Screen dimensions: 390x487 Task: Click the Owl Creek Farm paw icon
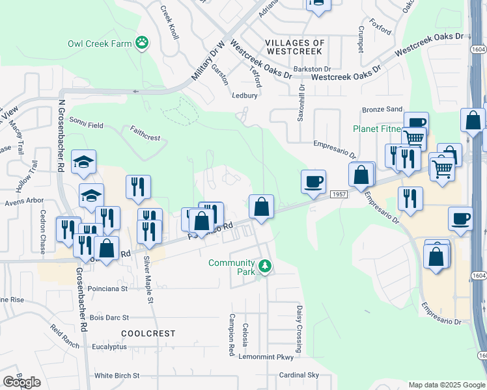click(x=142, y=44)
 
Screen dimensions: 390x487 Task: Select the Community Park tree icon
click(x=264, y=266)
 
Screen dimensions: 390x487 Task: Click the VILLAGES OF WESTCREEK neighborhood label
click(x=295, y=47)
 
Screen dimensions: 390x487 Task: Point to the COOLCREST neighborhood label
click(x=148, y=333)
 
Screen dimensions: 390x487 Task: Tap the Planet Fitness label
click(x=378, y=129)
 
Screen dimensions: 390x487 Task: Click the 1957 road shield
click(x=339, y=194)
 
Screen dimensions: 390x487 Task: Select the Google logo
click(x=21, y=382)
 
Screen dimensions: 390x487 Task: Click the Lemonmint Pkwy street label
click(x=266, y=357)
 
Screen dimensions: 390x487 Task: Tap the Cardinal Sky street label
click(x=299, y=375)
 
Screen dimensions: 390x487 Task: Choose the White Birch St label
click(x=117, y=376)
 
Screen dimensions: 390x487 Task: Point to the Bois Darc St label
click(x=109, y=318)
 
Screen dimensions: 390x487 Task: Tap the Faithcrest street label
click(x=145, y=138)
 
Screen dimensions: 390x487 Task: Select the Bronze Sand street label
click(x=383, y=110)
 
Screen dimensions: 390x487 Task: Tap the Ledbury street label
click(x=245, y=96)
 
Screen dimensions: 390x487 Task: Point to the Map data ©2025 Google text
click(x=445, y=385)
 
